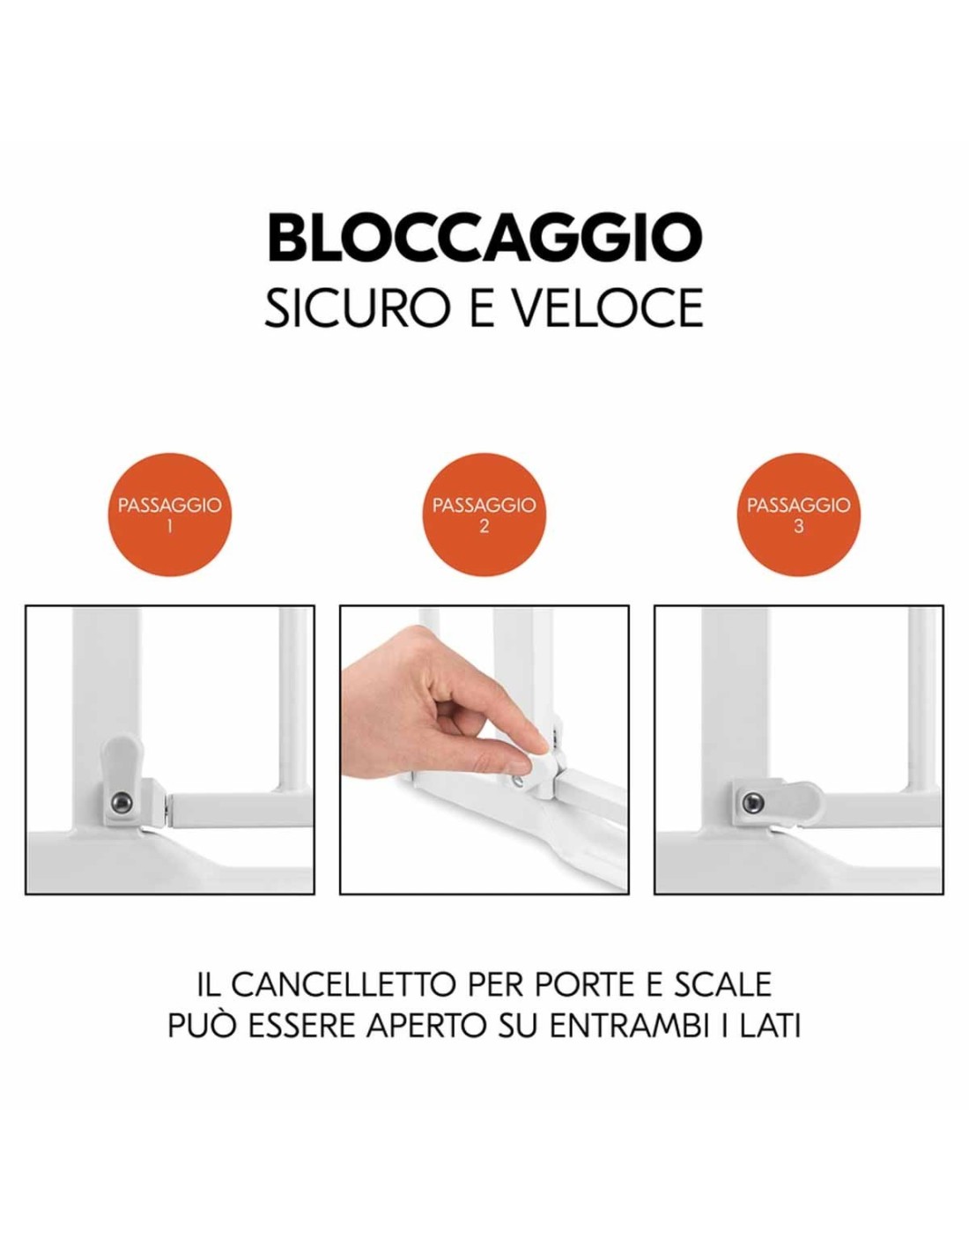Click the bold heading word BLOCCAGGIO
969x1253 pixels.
[x=484, y=238]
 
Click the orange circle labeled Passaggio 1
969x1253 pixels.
[x=169, y=514]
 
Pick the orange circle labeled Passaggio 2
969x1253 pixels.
[x=484, y=514]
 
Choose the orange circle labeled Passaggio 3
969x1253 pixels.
[x=799, y=514]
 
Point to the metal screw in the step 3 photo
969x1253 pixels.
[x=751, y=801]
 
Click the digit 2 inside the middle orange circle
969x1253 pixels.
[x=484, y=526]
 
